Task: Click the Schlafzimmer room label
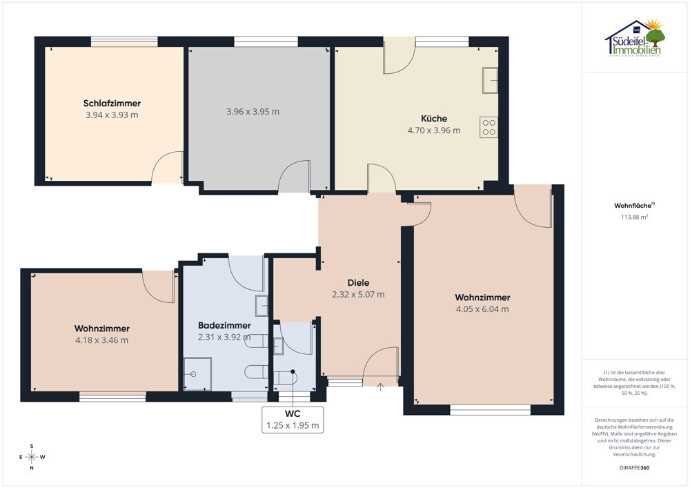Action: point(112,104)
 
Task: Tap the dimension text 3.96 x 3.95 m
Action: point(253,112)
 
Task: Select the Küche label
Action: point(434,118)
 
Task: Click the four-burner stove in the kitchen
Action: point(489,127)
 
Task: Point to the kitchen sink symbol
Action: point(490,80)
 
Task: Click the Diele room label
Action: point(358,283)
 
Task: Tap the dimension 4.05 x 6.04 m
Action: point(482,309)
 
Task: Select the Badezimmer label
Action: point(224,326)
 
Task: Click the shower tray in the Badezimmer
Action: point(197,374)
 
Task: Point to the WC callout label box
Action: point(293,420)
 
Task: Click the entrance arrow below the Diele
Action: point(381,387)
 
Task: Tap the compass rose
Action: point(32,457)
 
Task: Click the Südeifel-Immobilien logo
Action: point(635,38)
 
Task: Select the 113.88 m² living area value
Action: point(635,217)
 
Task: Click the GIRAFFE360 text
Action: point(634,468)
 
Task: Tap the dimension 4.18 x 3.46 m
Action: point(101,340)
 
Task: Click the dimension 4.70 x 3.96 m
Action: point(434,130)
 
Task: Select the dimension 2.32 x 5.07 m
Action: point(358,294)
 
